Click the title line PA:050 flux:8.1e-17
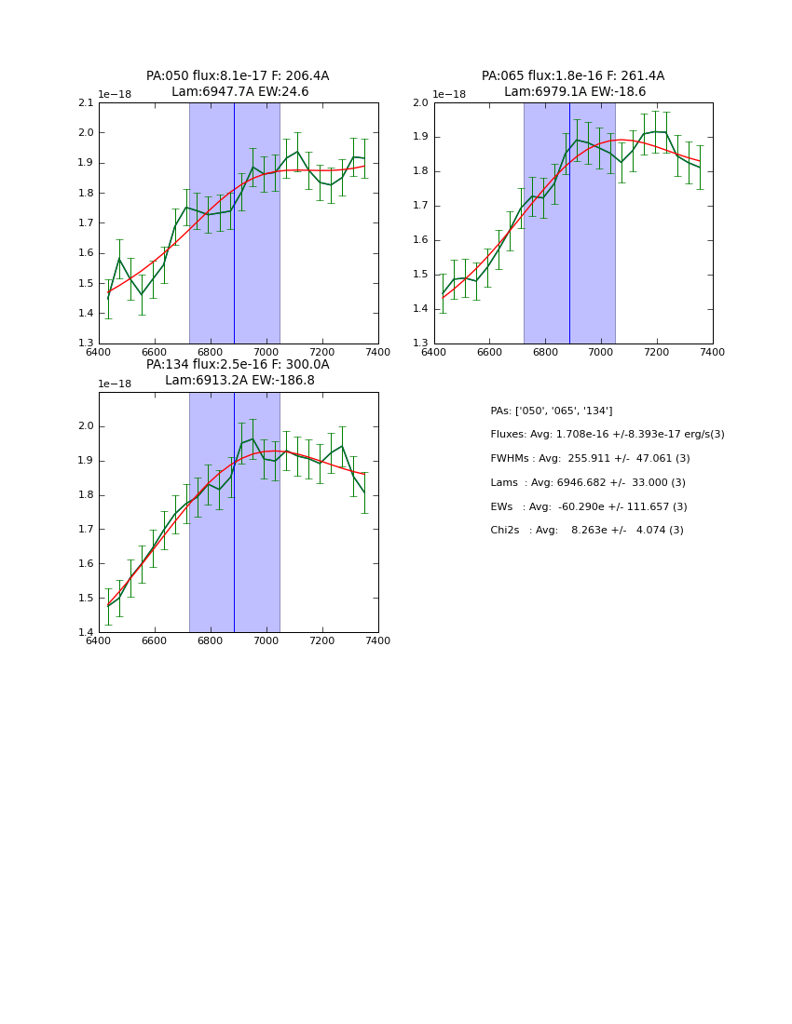pyautogui.click(x=238, y=76)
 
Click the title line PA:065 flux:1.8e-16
pyautogui.click(x=573, y=76)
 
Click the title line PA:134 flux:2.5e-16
pyautogui.click(x=238, y=365)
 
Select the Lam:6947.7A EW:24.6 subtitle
pyautogui.click(x=239, y=92)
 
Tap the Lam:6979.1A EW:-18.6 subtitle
pyautogui.click(x=575, y=92)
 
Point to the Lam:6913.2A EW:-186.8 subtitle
pyautogui.click(x=239, y=381)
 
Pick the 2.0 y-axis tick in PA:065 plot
pyautogui.click(x=420, y=102)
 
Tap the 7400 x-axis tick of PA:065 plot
pyautogui.click(x=713, y=352)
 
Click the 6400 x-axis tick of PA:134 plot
pyautogui.click(x=98, y=640)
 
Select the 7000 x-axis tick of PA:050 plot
pyautogui.click(x=266, y=352)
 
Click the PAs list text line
pyautogui.click(x=552, y=411)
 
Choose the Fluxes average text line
pyautogui.click(x=608, y=435)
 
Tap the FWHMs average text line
pyautogui.click(x=591, y=459)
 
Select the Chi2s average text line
pyautogui.click(x=587, y=531)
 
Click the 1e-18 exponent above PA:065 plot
pyautogui.click(x=449, y=95)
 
